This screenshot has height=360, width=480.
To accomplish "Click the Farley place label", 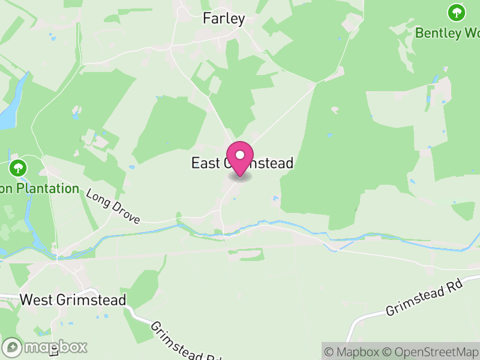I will pos(224,19).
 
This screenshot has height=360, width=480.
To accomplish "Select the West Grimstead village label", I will pos(73,299).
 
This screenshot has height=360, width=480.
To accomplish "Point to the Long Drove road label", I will pos(113,207).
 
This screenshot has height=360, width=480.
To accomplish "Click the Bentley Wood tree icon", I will pos(457,11).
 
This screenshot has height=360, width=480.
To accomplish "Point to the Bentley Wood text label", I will pos(447,32).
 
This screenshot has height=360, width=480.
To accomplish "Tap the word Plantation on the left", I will pos(47,188).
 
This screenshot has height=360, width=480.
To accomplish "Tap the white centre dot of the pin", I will pos(240,155).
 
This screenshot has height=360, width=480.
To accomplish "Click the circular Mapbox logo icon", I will pos(13,347).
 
